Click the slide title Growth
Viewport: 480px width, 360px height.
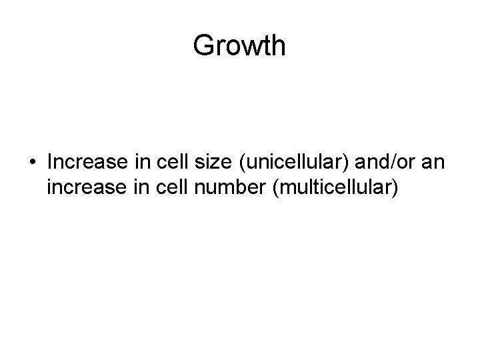239,46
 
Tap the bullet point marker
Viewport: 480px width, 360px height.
32,163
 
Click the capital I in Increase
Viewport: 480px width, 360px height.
50,163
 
